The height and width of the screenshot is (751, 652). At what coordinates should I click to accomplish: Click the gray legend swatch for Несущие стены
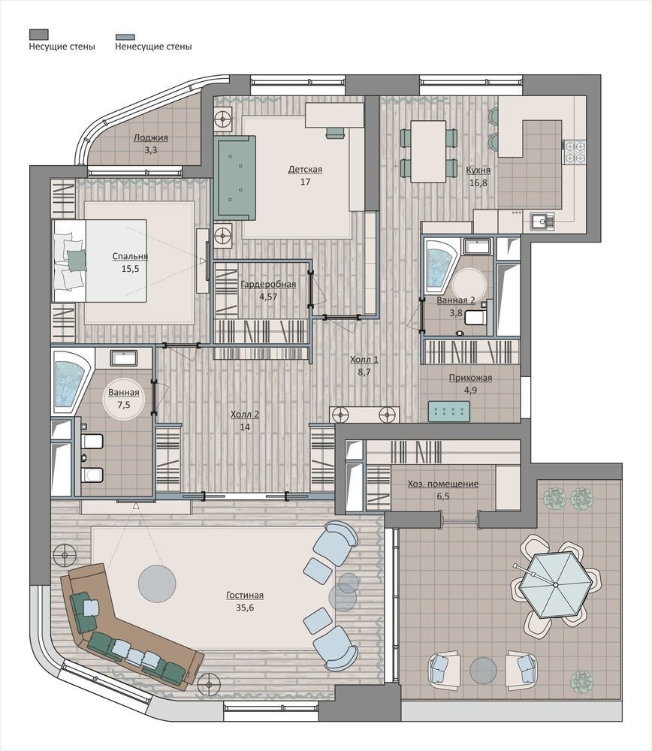39,34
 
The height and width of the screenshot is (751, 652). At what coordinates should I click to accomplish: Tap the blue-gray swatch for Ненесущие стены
125,37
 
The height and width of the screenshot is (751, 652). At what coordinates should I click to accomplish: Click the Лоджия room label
150,137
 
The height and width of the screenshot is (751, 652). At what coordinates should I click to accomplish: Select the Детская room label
305,170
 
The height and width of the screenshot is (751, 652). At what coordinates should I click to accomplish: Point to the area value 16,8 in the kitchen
478,182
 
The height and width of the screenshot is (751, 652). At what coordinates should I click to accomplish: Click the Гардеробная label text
268,284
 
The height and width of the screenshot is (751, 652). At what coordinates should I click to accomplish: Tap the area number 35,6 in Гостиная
245,608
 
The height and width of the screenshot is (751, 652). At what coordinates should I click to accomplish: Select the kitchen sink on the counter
542,222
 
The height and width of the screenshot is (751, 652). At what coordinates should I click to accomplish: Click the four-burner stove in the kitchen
575,152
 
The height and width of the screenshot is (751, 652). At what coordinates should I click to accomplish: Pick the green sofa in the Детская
237,176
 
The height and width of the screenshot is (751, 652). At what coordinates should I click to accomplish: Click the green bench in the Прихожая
449,412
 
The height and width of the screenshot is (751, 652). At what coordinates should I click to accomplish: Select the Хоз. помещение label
443,484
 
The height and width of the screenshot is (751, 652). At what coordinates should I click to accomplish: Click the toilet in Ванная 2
476,317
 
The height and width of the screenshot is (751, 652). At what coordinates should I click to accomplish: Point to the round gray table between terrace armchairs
483,671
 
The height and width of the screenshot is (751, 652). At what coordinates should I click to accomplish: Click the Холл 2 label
245,415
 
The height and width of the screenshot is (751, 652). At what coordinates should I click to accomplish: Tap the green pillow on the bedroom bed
76,261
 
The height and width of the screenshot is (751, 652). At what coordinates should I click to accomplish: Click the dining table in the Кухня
428,152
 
